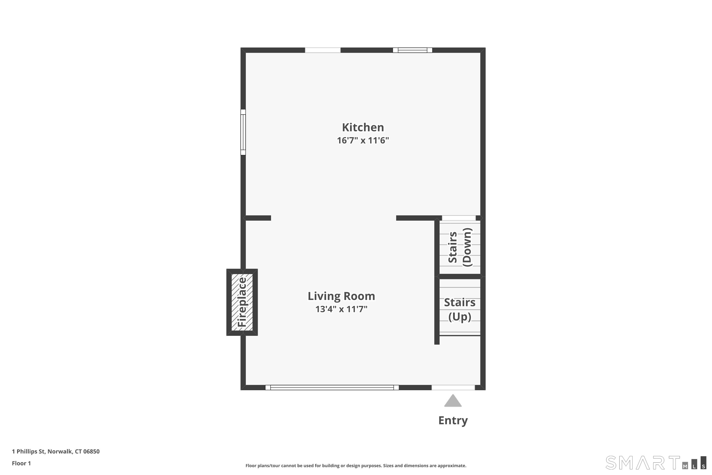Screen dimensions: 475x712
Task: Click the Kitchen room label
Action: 363,128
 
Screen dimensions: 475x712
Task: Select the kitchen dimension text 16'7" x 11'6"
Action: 363,141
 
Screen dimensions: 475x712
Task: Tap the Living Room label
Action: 341,296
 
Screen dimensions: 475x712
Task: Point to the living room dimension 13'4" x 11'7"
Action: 341,309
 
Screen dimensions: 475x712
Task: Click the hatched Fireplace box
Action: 242,302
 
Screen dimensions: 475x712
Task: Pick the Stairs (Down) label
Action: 459,247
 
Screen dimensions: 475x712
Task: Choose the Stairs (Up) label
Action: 459,309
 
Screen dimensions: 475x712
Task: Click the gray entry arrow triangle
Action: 453,401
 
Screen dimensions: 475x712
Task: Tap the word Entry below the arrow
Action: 453,420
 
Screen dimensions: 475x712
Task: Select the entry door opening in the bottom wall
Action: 453,387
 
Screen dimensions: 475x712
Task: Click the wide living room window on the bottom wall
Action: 332,387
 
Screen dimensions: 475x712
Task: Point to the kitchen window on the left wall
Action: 243,132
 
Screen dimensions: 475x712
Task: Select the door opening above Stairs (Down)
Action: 459,218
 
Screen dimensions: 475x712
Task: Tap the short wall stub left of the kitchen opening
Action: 258,218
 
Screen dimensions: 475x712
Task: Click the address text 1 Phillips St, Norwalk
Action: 56,451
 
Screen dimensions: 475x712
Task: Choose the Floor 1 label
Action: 21,463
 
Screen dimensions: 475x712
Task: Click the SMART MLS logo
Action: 655,463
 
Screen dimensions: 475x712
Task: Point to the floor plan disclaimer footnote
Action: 356,465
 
